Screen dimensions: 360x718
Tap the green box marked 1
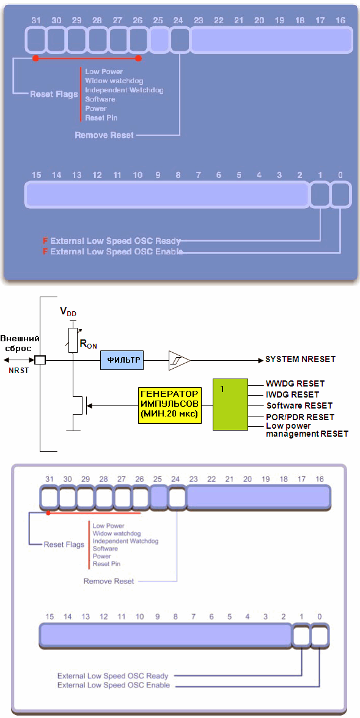pos(230,404)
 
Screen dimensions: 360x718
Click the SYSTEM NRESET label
pos(300,360)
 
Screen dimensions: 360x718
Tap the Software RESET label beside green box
pos(299,405)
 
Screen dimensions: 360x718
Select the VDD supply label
pos(68,313)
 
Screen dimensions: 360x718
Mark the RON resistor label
pos(89,344)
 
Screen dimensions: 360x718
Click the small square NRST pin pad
pos(41,360)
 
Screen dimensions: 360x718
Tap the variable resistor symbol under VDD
pos(72,340)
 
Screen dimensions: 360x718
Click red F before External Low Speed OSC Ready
pos(45,241)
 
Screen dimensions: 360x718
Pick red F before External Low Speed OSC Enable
pos(45,252)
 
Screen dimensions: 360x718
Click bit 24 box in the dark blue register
pos(180,40)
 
